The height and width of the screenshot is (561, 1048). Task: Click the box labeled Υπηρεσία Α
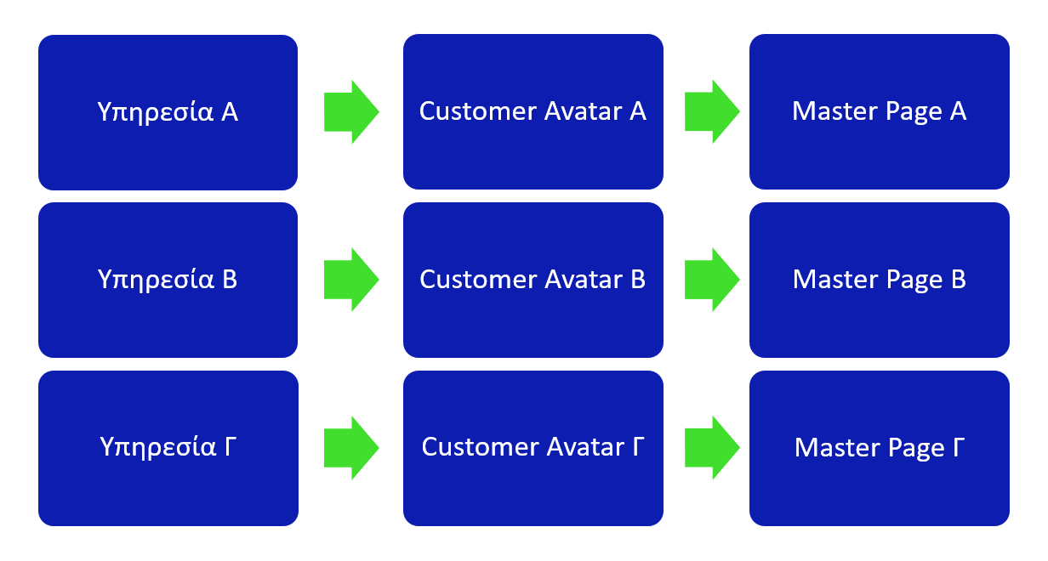(x=168, y=112)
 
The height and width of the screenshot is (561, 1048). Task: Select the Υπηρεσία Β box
(x=168, y=280)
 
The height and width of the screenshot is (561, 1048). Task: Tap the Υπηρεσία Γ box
(x=168, y=448)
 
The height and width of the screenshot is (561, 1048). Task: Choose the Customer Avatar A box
(x=533, y=111)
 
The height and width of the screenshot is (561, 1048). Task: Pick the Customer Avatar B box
(x=533, y=280)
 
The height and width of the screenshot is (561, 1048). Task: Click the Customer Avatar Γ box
(x=533, y=448)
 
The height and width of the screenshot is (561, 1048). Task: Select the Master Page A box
(x=879, y=111)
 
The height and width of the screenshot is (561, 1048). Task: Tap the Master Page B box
(x=879, y=280)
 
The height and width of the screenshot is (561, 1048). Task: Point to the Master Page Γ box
(x=879, y=448)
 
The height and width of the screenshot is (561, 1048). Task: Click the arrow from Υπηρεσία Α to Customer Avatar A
(x=351, y=111)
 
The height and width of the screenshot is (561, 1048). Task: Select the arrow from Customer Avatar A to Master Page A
(x=712, y=111)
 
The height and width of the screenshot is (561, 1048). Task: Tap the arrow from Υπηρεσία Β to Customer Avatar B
(x=351, y=280)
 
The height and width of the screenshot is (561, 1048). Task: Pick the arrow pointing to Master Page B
(x=712, y=280)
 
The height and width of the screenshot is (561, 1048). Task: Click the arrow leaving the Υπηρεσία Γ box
(x=351, y=448)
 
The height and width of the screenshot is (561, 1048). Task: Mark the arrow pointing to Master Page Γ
(x=712, y=447)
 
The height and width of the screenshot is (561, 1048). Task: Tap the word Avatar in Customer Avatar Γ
(x=585, y=447)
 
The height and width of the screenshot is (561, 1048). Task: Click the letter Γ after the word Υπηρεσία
(x=231, y=446)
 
